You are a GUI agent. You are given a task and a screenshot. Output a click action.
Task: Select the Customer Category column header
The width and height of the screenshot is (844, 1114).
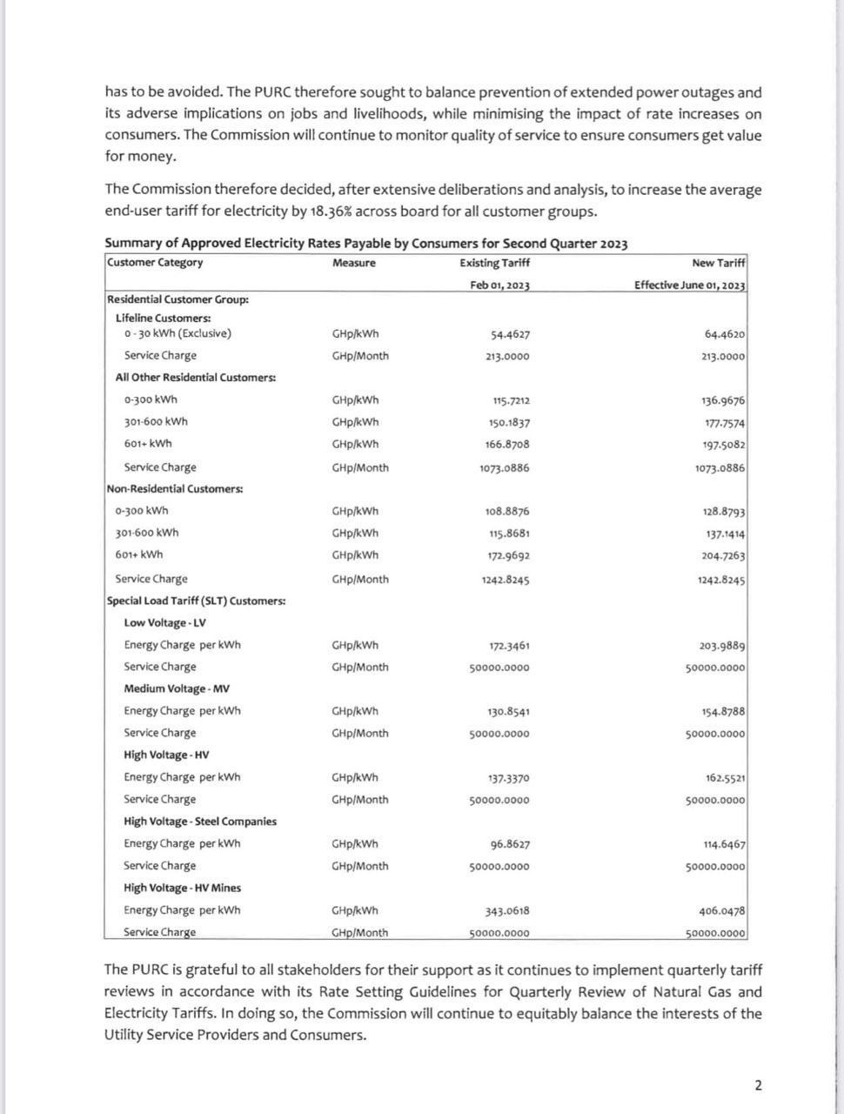[155, 263]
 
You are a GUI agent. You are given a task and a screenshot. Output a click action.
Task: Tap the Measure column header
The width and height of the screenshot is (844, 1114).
[354, 263]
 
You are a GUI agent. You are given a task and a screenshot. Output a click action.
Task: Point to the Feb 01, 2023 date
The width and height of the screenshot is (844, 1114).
[499, 285]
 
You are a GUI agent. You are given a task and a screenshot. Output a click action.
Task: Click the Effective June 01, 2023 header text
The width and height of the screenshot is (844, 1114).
[690, 285]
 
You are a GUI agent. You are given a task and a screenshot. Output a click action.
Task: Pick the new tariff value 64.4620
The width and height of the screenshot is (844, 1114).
[725, 334]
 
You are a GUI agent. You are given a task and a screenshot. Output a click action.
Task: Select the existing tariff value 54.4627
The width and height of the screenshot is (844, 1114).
[510, 334]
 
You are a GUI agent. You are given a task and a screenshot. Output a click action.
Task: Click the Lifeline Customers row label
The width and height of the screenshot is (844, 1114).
[163, 318]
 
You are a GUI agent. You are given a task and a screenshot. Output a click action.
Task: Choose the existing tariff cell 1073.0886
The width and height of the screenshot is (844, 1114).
[504, 468]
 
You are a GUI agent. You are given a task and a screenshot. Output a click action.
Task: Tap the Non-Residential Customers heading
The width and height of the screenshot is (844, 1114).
[175, 489]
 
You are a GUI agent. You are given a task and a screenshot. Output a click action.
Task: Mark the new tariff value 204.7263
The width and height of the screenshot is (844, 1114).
[723, 555]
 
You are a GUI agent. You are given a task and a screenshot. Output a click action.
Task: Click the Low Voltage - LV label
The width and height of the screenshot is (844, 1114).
[164, 623]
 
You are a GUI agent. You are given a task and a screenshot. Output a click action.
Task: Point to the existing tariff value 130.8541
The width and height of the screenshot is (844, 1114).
[508, 712]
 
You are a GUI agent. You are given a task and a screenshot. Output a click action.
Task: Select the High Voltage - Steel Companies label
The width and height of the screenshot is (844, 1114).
[200, 822]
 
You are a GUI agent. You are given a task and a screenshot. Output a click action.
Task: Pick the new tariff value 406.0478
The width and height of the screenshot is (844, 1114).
[722, 911]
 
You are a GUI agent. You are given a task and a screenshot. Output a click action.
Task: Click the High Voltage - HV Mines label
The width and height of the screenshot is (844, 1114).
[182, 888]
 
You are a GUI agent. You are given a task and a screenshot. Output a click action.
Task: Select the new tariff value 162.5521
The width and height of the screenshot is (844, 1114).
[725, 778]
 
